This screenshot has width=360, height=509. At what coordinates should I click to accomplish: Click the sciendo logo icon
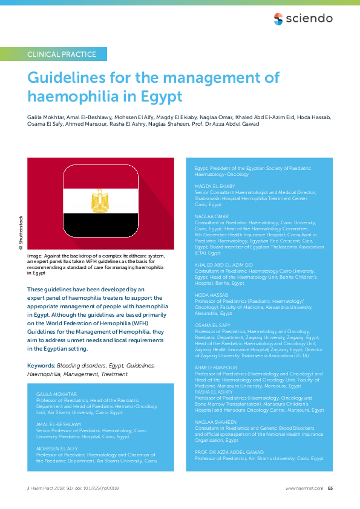(278, 18)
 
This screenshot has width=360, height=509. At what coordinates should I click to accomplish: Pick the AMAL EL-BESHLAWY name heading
(59, 424)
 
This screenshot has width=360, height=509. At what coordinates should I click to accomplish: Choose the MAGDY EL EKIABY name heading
(215, 186)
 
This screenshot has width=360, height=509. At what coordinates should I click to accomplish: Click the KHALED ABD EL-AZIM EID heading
(223, 265)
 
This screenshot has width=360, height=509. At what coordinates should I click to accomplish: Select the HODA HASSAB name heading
(211, 294)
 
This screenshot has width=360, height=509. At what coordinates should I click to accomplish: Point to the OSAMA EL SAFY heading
(211, 325)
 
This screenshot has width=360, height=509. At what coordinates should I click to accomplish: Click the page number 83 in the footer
(330, 488)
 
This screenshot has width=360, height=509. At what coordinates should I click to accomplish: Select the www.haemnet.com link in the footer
(304, 488)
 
